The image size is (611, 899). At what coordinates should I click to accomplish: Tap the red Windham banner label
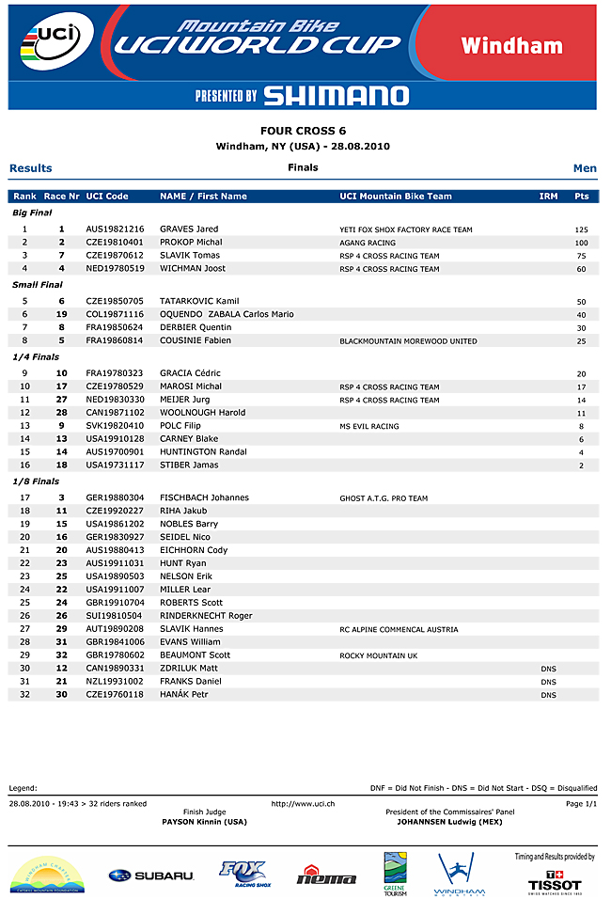tap(511, 45)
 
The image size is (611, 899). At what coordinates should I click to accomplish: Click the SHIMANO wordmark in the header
tap(336, 95)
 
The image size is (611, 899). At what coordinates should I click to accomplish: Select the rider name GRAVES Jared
tap(189, 229)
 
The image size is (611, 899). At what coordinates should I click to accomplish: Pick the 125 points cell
tap(581, 229)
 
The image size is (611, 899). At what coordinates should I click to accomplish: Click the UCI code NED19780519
tap(115, 269)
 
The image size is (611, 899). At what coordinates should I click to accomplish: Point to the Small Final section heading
tap(38, 284)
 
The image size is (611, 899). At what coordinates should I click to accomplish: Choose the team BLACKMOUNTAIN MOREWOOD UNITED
tap(408, 341)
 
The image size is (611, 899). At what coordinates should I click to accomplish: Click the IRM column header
tap(548, 197)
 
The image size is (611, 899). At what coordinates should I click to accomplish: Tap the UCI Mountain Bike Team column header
tap(396, 197)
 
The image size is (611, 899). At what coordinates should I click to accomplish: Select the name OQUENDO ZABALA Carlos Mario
tap(227, 314)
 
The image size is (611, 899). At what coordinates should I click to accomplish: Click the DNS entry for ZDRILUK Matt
tap(549, 669)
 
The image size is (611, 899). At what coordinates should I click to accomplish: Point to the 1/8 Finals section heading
tap(36, 481)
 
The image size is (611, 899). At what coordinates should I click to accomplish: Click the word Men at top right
tap(585, 168)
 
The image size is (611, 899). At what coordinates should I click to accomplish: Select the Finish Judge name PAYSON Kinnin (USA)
tap(205, 822)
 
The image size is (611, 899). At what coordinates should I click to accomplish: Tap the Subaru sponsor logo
tap(151, 875)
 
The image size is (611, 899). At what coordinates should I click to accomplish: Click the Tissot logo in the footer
tap(555, 881)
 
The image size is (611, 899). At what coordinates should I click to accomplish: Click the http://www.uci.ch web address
tap(303, 804)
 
